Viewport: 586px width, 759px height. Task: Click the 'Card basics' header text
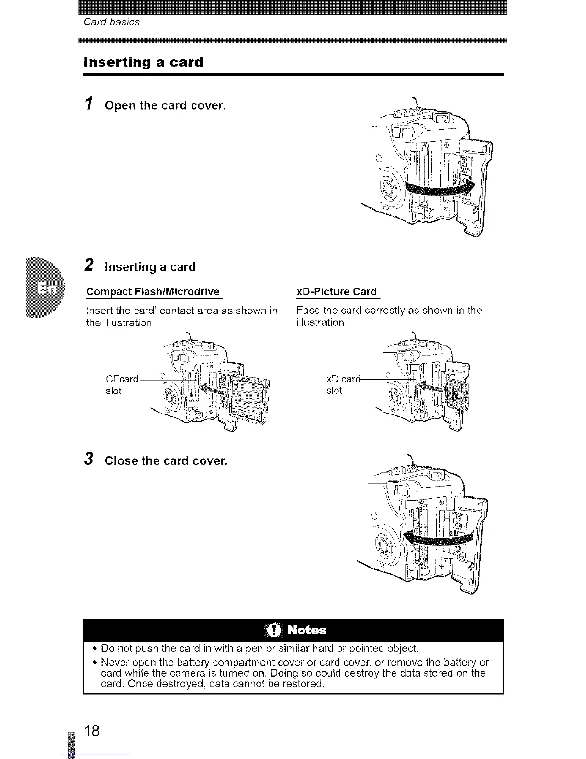pos(112,22)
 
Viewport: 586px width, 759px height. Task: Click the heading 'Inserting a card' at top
pos(143,62)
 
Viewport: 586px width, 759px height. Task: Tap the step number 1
pos(88,104)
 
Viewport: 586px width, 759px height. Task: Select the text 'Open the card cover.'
pos(165,105)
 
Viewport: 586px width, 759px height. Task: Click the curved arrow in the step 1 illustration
pos(440,188)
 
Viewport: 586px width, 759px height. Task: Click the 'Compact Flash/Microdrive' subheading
pos(153,292)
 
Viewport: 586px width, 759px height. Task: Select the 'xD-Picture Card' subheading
pos(337,292)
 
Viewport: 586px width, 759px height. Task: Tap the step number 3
pos(89,459)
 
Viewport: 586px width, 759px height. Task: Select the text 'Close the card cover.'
pos(166,461)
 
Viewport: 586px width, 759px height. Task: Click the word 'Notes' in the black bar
pos(307,630)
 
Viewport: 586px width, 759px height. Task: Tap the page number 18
pos(92,731)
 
